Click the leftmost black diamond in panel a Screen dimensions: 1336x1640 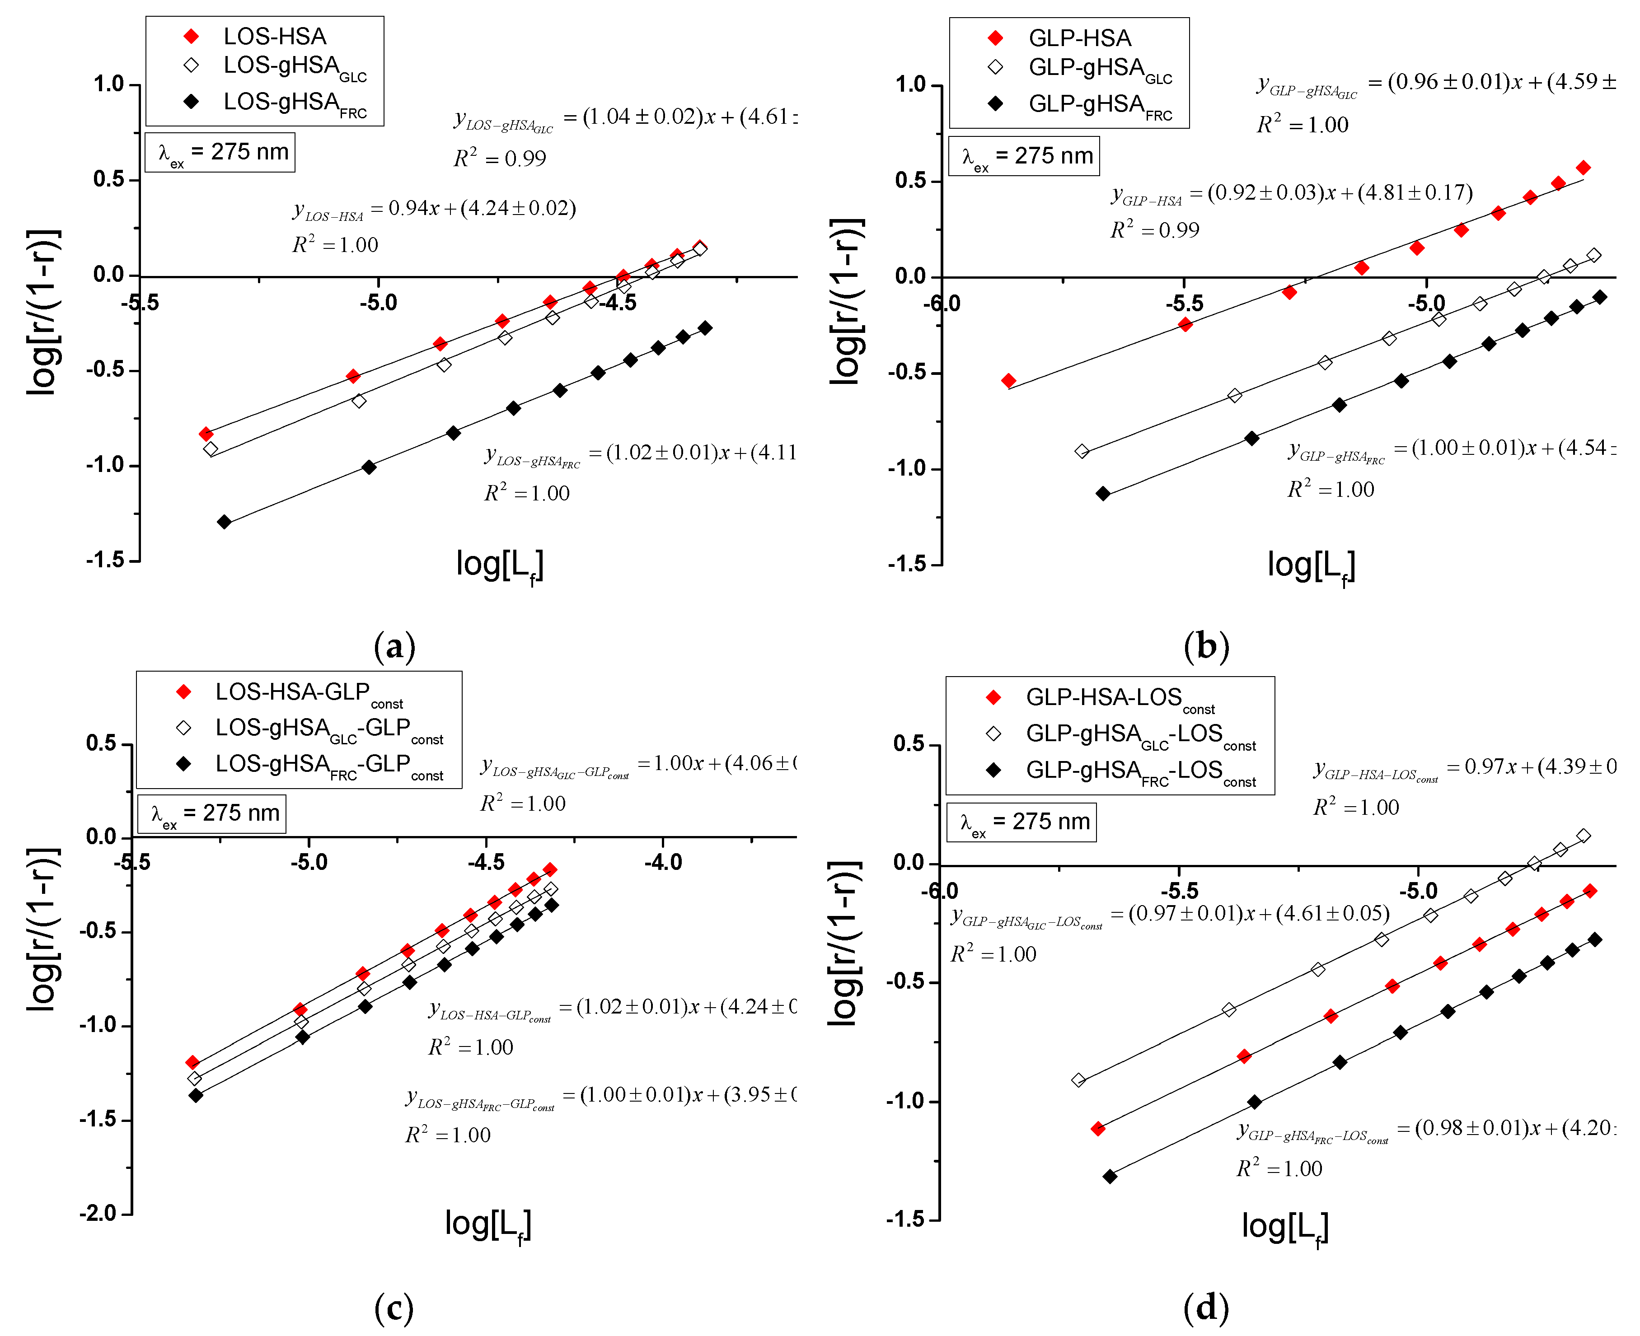(x=224, y=522)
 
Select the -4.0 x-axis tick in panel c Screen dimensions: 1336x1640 (x=663, y=862)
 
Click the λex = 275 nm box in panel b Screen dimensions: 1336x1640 (x=1024, y=156)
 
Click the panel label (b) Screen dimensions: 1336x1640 (x=1206, y=646)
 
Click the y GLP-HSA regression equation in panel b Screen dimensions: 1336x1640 (x=1291, y=194)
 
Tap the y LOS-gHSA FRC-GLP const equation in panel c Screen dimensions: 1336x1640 (x=600, y=1096)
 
